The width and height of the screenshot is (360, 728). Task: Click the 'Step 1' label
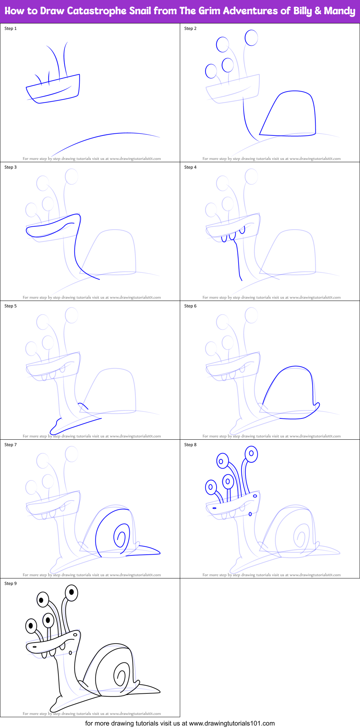click(x=10, y=28)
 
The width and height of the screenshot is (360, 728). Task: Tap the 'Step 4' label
click(x=190, y=167)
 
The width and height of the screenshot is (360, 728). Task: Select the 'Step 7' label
click(x=10, y=445)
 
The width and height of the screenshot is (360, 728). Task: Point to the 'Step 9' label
click(x=10, y=583)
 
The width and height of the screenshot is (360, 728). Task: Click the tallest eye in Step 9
click(x=71, y=592)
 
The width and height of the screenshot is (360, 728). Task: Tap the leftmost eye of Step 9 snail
click(x=31, y=626)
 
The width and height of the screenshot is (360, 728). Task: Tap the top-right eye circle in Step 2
click(x=251, y=37)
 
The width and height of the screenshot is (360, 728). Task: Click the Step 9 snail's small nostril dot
click(x=70, y=652)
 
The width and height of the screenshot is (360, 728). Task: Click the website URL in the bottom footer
click(x=232, y=723)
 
